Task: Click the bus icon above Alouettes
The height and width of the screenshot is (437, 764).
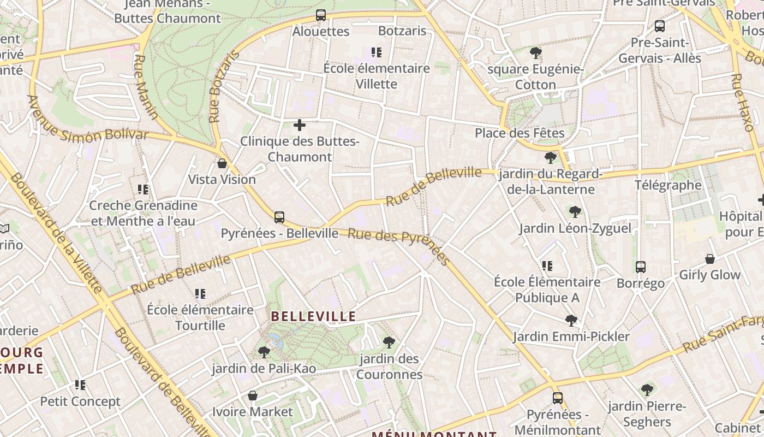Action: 321,16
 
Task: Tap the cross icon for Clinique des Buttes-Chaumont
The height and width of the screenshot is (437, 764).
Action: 300,125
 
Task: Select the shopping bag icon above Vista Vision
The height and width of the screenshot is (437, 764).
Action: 222,163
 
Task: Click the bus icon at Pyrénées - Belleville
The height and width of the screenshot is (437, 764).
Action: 279,217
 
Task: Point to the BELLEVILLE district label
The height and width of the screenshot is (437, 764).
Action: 313,316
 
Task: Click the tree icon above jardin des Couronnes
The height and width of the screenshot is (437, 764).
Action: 389,342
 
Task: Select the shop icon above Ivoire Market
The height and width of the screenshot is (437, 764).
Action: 253,395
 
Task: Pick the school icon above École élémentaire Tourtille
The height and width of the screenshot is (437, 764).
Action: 200,294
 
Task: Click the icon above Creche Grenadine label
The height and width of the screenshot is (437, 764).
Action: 143,190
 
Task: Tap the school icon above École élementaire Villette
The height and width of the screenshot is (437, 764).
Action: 376,52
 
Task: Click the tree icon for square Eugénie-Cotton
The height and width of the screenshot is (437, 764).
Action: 536,53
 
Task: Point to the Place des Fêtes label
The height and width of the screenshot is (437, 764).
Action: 520,133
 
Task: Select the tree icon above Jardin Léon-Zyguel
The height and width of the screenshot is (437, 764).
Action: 575,212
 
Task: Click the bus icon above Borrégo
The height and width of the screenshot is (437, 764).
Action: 641,267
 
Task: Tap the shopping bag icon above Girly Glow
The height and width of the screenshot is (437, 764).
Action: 710,259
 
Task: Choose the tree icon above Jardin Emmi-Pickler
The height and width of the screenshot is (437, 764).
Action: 571,320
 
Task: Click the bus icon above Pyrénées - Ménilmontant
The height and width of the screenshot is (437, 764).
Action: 557,398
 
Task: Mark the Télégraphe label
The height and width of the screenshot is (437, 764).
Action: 668,185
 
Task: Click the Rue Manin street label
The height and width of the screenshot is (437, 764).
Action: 146,87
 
